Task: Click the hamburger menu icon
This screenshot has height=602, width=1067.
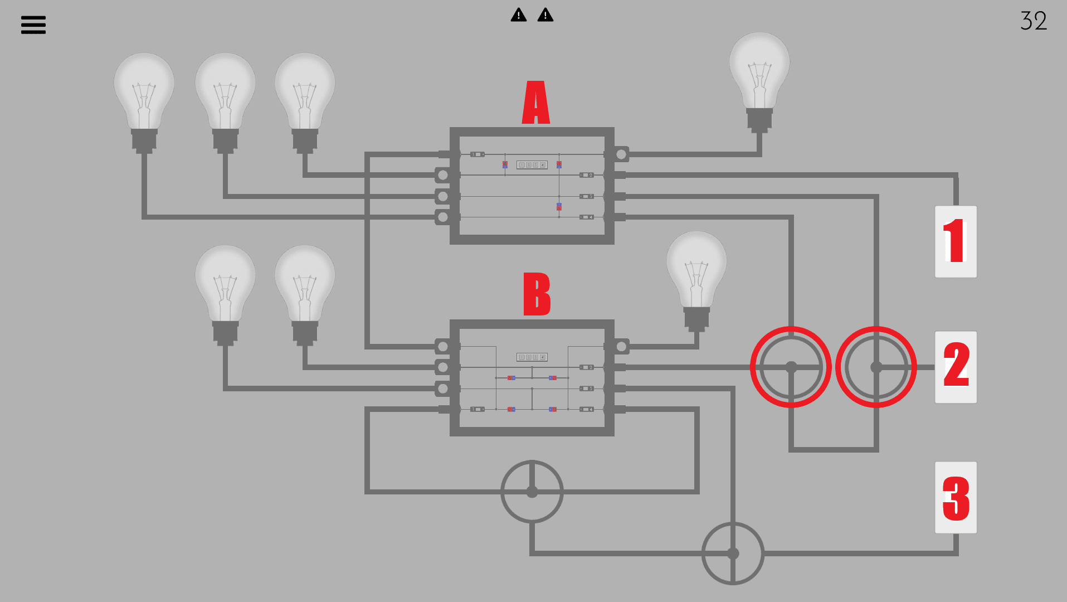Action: click(x=33, y=25)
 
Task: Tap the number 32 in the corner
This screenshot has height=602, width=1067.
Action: click(x=1034, y=21)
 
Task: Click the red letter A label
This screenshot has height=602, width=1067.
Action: click(x=536, y=103)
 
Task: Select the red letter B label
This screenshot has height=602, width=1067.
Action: click(x=537, y=294)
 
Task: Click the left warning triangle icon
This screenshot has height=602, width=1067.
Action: click(x=519, y=15)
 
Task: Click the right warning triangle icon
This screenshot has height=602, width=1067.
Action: click(x=545, y=15)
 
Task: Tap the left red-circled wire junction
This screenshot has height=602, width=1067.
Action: click(x=791, y=367)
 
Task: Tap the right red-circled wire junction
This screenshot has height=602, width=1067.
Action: click(x=876, y=367)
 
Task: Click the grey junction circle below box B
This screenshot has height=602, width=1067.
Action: click(x=532, y=492)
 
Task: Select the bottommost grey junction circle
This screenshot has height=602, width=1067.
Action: click(x=733, y=553)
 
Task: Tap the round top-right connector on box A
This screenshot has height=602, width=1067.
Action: click(x=621, y=154)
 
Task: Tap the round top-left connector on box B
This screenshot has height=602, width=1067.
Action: click(x=443, y=347)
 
